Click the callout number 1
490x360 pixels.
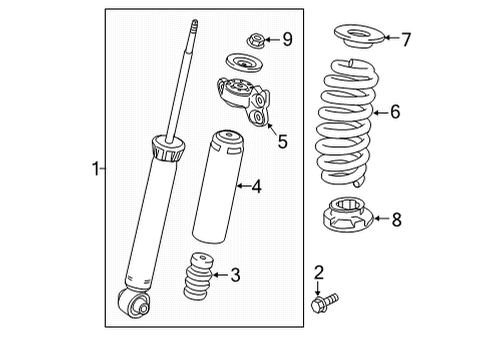click(x=96, y=170)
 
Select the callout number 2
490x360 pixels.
click(x=319, y=272)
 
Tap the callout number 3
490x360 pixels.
click(x=235, y=275)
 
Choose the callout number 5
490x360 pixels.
click(x=282, y=142)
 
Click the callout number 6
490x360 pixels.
click(x=395, y=112)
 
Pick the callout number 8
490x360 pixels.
click(x=396, y=219)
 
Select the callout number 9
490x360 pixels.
click(x=287, y=39)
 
